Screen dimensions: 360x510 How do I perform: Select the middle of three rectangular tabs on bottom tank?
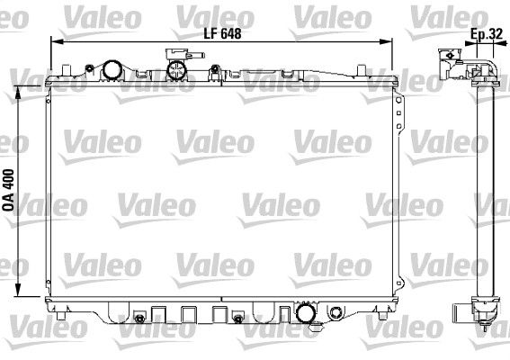click(188, 314)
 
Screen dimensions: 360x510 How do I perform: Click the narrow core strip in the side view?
click(486, 189)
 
